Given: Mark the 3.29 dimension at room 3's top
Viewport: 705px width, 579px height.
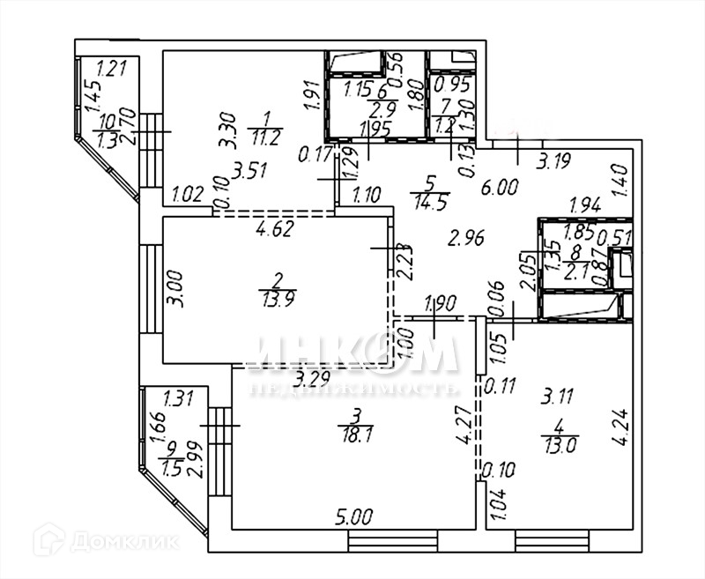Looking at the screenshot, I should click(314, 380).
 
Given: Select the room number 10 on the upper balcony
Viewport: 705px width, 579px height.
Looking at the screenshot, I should click(108, 124).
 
